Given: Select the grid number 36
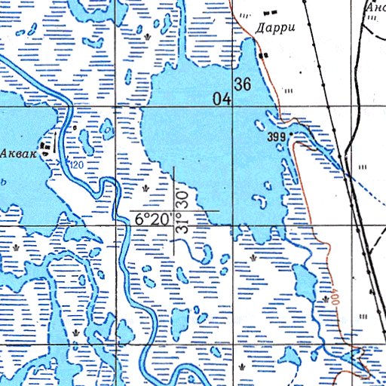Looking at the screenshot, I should coord(242,84).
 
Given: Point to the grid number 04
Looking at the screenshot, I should coord(221,98).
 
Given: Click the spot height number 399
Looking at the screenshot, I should coord(277,137).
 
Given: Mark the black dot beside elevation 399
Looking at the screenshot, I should coord(292,135).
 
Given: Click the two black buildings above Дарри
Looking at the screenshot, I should coord(269,12).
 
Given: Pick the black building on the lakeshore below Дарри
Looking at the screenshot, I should coord(263,56).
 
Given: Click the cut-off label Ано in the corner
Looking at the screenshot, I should coord(375,7).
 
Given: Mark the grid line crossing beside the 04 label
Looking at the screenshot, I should coord(232,107).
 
